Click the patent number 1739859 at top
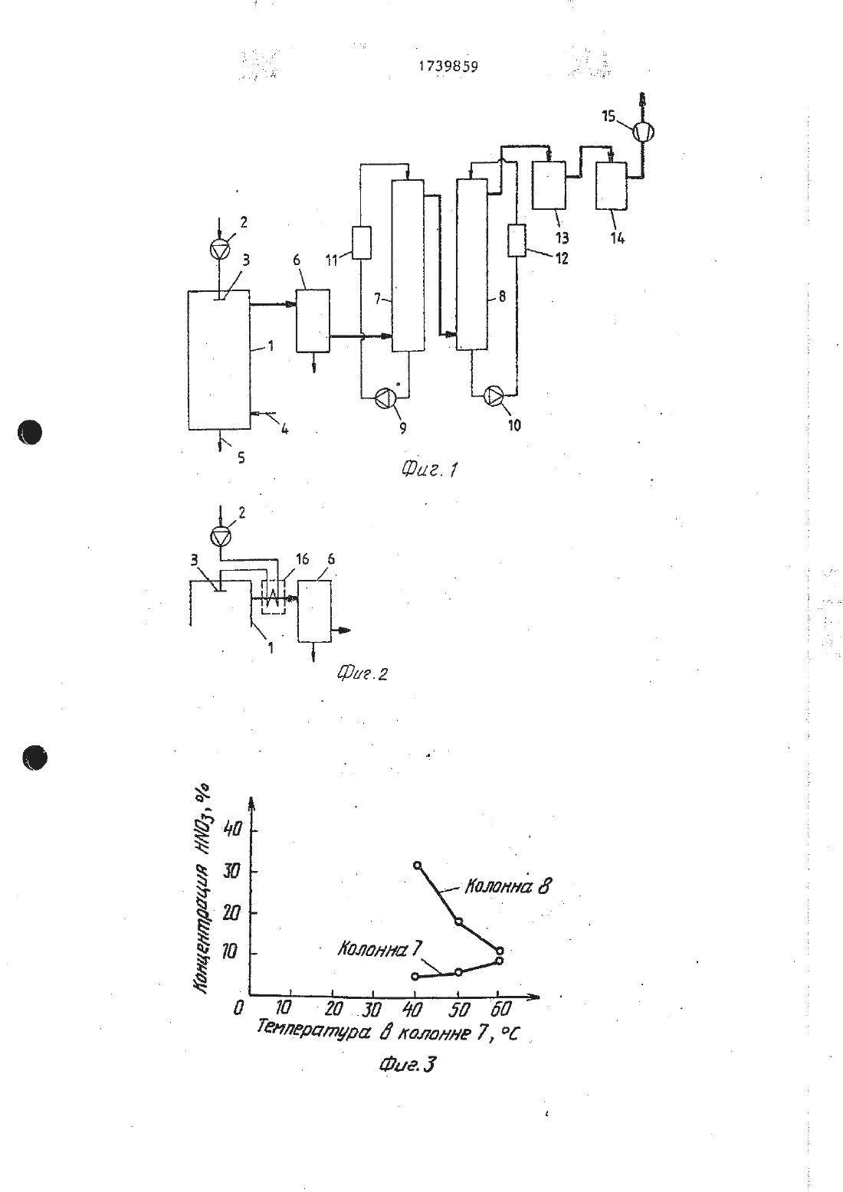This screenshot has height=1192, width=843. (x=448, y=66)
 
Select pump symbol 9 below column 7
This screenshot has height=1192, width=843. (x=385, y=398)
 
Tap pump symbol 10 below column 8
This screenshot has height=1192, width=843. (x=494, y=395)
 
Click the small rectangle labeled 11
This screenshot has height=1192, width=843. (x=362, y=243)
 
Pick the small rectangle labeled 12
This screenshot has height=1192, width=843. (x=517, y=241)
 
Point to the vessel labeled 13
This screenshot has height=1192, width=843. (x=549, y=185)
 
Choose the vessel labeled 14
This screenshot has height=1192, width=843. (x=612, y=185)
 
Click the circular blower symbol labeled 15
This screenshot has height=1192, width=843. (x=643, y=132)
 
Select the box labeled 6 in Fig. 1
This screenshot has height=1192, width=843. (x=313, y=321)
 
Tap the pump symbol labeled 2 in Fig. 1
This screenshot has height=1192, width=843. (x=220, y=248)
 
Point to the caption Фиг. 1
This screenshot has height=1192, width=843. (x=429, y=469)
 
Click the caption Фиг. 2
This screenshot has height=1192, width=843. (x=362, y=673)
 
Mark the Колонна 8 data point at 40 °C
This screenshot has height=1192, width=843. (x=417, y=865)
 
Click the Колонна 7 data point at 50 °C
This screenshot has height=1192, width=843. (x=458, y=972)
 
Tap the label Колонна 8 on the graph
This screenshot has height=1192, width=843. (x=507, y=886)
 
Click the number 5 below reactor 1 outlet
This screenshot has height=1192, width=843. (x=241, y=457)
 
